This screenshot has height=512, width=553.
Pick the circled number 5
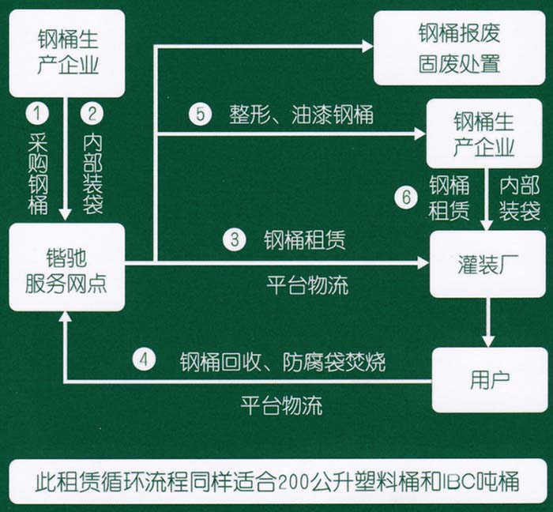click(x=201, y=115)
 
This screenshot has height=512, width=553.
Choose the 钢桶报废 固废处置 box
click(x=459, y=48)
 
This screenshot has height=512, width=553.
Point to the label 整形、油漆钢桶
click(x=301, y=115)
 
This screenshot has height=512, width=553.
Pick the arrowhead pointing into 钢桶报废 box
click(x=367, y=47)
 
